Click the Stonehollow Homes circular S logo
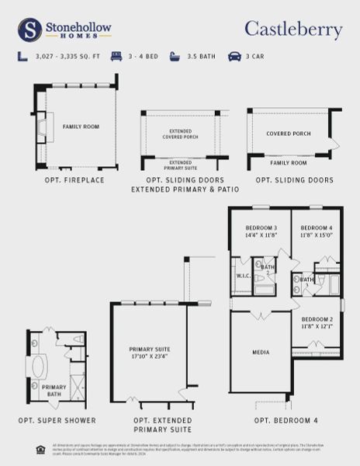(29, 30)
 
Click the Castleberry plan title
(293, 30)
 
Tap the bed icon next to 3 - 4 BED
(117, 57)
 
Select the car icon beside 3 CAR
(234, 57)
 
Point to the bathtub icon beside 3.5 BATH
(175, 57)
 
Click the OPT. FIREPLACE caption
(74, 180)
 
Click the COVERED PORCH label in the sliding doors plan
(289, 134)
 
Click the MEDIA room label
(261, 353)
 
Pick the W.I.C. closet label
(241, 276)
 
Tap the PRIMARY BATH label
(54, 390)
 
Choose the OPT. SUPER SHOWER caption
(57, 420)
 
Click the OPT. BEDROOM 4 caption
(286, 420)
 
